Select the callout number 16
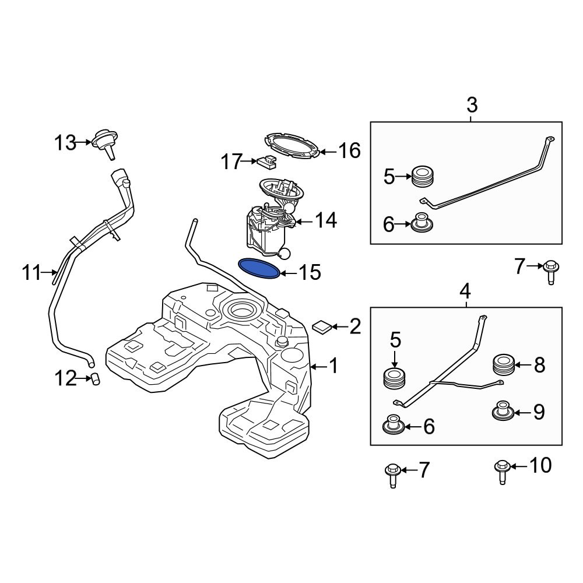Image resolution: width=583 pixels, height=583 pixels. click(x=350, y=151)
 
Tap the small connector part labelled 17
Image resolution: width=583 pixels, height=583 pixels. click(x=266, y=161)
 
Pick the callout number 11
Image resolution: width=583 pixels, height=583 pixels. click(x=32, y=272)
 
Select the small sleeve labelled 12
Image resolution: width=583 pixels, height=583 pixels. click(x=96, y=380)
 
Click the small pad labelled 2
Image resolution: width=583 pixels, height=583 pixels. click(x=321, y=326)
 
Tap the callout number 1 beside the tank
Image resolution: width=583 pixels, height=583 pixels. click(x=333, y=366)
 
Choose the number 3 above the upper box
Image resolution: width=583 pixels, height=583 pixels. click(x=472, y=106)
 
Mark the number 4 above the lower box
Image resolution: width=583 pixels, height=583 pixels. click(x=465, y=290)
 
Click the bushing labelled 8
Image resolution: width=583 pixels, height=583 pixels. click(x=503, y=365)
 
